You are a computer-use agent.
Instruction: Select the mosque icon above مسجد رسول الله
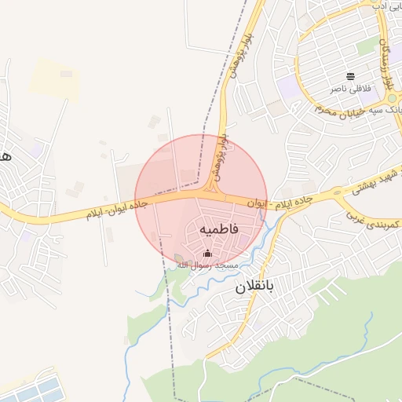click(x=208, y=253)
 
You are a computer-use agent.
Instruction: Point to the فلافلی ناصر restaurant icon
click(x=349, y=76)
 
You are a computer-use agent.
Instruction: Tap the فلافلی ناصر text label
click(x=348, y=89)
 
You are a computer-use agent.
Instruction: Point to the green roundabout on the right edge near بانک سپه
click(x=392, y=99)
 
